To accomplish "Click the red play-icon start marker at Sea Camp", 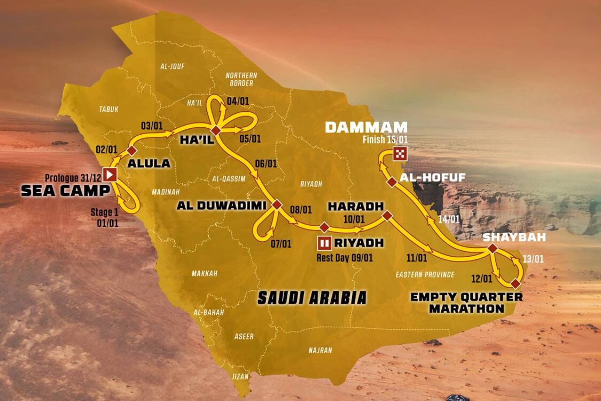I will (x=110, y=174).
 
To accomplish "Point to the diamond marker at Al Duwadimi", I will (x=277, y=204).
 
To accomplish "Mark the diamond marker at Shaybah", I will (x=492, y=249).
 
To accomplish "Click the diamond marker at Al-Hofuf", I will (x=392, y=182).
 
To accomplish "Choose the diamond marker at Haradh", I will (x=387, y=215).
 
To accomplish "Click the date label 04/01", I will (x=237, y=100).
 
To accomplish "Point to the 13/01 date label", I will (x=533, y=259).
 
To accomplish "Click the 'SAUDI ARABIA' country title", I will (x=312, y=298).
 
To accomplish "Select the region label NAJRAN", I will (x=320, y=350).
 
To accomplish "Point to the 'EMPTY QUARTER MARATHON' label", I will (x=466, y=303).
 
